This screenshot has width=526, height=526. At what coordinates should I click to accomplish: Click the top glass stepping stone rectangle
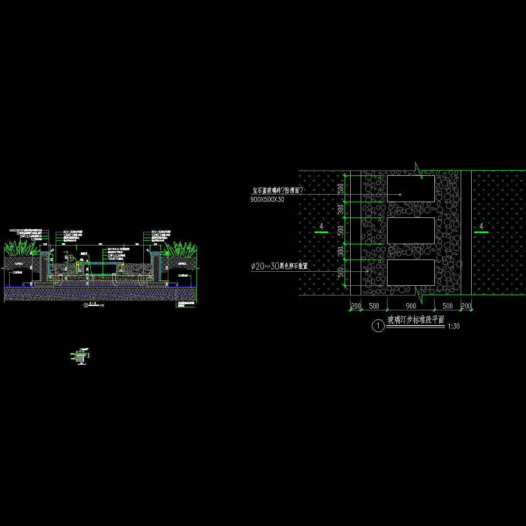point(411,189)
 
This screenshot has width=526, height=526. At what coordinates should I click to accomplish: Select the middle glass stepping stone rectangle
point(411,231)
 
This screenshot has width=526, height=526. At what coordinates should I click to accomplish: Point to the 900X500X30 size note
point(268,199)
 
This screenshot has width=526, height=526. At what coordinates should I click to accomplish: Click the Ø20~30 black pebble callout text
point(280,266)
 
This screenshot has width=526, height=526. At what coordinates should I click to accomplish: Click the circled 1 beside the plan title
point(377,326)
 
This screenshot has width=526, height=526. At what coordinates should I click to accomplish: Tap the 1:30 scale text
point(454,327)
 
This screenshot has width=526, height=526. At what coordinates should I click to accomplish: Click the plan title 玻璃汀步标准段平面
point(416,320)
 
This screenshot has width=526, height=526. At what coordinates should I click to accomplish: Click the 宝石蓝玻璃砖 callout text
point(277,191)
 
